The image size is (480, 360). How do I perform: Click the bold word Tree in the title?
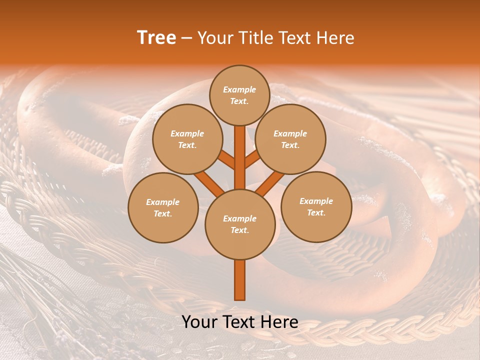pyautogui.click(x=156, y=38)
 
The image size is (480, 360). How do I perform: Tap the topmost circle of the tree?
pyautogui.click(x=239, y=95)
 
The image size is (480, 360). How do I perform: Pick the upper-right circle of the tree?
pyautogui.click(x=290, y=139)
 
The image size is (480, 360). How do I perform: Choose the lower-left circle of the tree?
pyautogui.click(x=162, y=207)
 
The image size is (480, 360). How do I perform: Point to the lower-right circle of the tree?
pyautogui.click(x=316, y=206)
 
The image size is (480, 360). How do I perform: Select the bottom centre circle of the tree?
pyautogui.click(x=239, y=224)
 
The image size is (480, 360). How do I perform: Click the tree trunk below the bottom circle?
pyautogui.click(x=239, y=280)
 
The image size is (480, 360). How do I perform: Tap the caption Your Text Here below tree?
pyautogui.click(x=239, y=322)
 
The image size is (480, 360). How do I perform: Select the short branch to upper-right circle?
pyautogui.click(x=252, y=159)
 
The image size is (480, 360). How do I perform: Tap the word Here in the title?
pyautogui.click(x=337, y=38)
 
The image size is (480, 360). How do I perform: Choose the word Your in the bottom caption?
pyautogui.click(x=199, y=322)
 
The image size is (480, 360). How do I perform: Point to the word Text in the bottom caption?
pyautogui.click(x=239, y=322)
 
